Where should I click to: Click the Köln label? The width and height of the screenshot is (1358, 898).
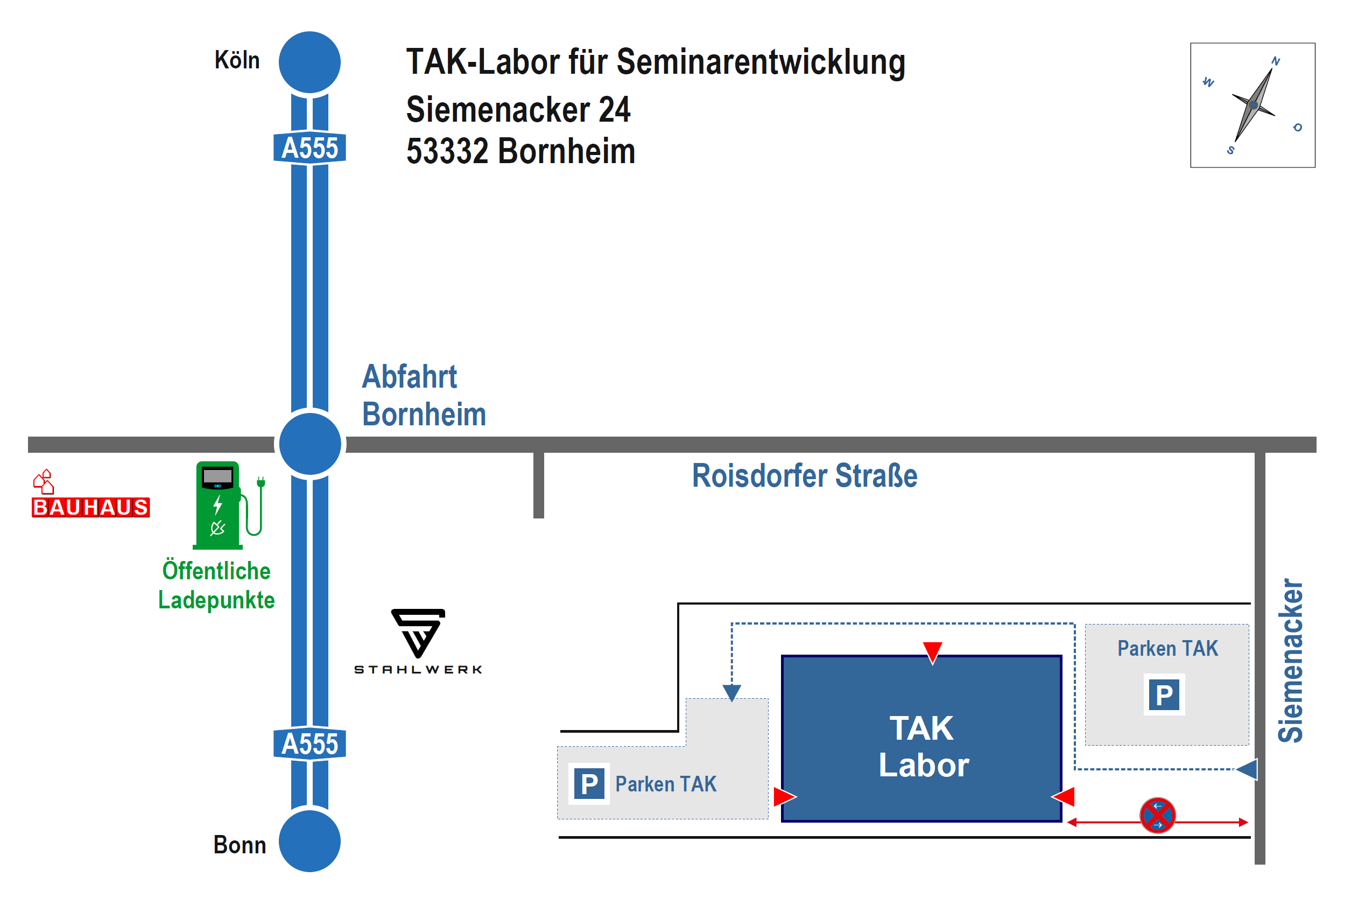pyautogui.click(x=237, y=60)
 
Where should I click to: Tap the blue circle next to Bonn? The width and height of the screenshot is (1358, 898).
pyautogui.click(x=309, y=841)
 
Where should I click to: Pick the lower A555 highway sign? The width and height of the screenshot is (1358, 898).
pyautogui.click(x=309, y=744)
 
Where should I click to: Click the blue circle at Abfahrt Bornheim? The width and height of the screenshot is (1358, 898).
pyautogui.click(x=309, y=444)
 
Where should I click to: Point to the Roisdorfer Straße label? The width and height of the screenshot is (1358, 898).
pyautogui.click(x=804, y=475)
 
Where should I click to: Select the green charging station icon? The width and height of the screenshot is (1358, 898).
pyautogui.click(x=223, y=504)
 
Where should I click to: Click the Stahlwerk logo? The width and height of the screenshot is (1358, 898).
pyautogui.click(x=418, y=641)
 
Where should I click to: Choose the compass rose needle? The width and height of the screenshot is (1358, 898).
pyautogui.click(x=1253, y=106)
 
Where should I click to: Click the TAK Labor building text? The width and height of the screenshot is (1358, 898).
pyautogui.click(x=923, y=746)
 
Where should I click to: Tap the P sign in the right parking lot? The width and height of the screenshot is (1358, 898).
pyautogui.click(x=1164, y=694)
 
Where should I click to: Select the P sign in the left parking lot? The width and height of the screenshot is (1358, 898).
pyautogui.click(x=589, y=783)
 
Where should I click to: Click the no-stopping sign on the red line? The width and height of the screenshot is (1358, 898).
pyautogui.click(x=1157, y=815)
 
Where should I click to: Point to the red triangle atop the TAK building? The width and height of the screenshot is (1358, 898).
pyautogui.click(x=932, y=652)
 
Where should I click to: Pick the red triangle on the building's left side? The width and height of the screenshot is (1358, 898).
pyautogui.click(x=784, y=797)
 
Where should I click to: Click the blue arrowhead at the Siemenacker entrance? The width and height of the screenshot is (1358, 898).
pyautogui.click(x=1247, y=769)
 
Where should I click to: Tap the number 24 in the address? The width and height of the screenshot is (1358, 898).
pyautogui.click(x=614, y=110)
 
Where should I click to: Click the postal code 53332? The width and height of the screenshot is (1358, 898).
pyautogui.click(x=447, y=151)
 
